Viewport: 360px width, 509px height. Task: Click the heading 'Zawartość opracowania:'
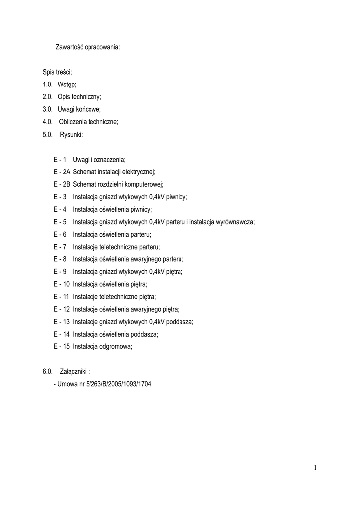[88, 48]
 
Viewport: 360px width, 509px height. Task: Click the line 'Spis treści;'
[57, 73]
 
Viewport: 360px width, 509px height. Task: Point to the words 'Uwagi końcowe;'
[79, 109]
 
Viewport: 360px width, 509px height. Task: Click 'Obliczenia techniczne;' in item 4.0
[89, 122]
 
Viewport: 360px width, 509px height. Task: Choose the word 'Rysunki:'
[71, 134]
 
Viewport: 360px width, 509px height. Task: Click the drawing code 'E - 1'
[60, 160]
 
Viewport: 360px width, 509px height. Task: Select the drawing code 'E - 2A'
[62, 172]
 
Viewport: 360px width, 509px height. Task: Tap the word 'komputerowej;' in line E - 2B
[145, 184]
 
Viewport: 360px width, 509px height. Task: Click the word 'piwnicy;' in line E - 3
[176, 197]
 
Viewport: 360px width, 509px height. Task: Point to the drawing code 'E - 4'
[60, 209]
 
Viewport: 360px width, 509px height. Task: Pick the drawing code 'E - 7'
[60, 247]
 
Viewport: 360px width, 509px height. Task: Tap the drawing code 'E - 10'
[62, 284]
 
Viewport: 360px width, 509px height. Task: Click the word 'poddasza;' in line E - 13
[180, 322]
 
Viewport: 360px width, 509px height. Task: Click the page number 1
[315, 467]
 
